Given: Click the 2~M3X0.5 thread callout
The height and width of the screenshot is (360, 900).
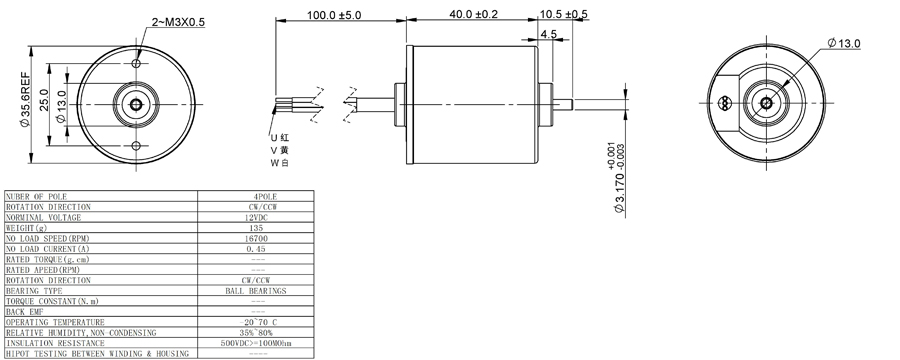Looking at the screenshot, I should (176, 22).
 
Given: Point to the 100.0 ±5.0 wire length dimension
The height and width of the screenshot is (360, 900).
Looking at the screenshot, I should (335, 17).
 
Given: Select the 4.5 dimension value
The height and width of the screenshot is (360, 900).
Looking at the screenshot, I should (548, 34).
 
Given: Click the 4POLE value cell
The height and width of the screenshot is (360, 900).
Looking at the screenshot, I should (256, 196).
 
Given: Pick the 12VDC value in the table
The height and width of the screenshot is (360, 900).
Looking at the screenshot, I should (256, 217).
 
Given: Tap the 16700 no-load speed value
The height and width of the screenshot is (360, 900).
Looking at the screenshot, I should (256, 238).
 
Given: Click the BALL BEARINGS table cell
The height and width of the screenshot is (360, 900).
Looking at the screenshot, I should (256, 290).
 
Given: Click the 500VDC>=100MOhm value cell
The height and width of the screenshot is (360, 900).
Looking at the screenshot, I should (256, 343).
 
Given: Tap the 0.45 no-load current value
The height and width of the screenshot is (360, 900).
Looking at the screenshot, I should (256, 248).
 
